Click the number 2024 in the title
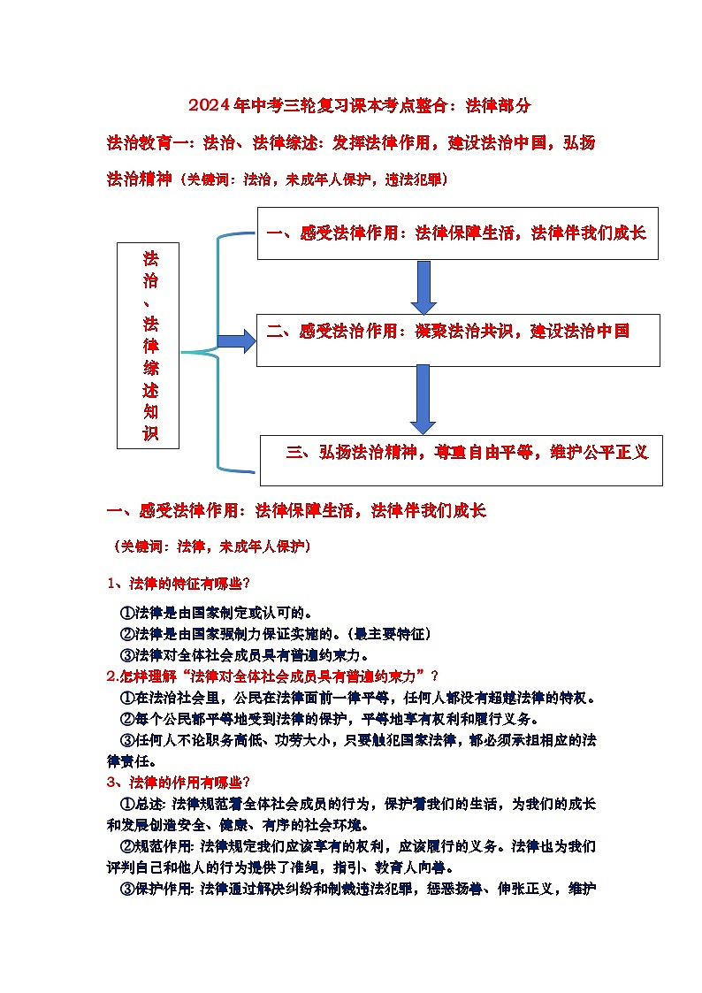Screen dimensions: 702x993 [209, 106]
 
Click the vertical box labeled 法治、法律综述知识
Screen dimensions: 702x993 [148, 345]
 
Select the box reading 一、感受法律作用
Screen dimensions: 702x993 [457, 233]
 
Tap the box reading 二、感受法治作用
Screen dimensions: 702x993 [457, 340]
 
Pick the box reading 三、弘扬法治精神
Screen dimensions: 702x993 [461, 459]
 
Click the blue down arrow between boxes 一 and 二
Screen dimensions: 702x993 [423, 286]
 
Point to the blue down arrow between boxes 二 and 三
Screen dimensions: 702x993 [423, 399]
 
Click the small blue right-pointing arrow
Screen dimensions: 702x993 [236, 340]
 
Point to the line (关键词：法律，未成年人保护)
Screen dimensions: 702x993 [212, 546]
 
